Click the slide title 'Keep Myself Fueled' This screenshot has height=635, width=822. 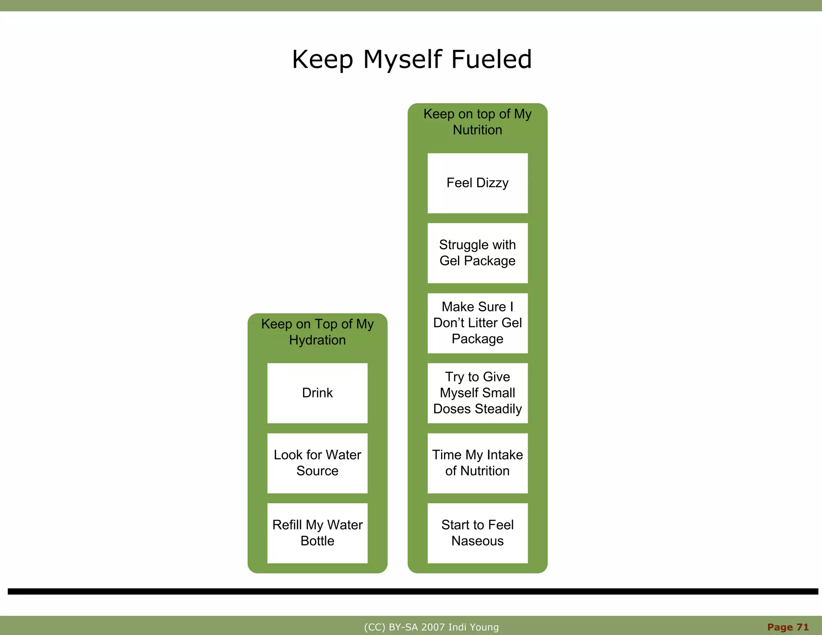[x=412, y=59]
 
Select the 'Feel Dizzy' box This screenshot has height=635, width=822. [x=477, y=183]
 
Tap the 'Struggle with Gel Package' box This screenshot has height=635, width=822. [x=477, y=253]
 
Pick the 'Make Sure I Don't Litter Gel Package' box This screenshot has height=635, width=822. [x=477, y=323]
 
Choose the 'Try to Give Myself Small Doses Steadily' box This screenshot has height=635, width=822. [x=477, y=393]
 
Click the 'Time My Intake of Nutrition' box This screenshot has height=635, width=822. [x=477, y=463]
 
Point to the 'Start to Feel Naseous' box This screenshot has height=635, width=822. [x=477, y=533]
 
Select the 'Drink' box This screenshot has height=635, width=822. [x=317, y=393]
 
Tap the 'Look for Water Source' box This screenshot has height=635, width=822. [x=317, y=463]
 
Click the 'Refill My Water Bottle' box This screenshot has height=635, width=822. [x=317, y=533]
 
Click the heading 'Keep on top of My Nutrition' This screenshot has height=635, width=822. [x=477, y=122]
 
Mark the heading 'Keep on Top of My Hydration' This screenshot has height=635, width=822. [x=317, y=332]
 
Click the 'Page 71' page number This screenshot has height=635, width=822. [x=788, y=627]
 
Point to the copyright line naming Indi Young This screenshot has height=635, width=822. [x=431, y=627]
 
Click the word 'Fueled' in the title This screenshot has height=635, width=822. [x=492, y=59]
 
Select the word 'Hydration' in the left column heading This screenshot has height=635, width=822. [x=317, y=340]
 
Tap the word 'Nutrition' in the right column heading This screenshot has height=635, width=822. [x=477, y=130]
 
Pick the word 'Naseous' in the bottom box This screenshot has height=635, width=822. [x=477, y=541]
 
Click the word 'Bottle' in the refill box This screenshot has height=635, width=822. [x=317, y=541]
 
